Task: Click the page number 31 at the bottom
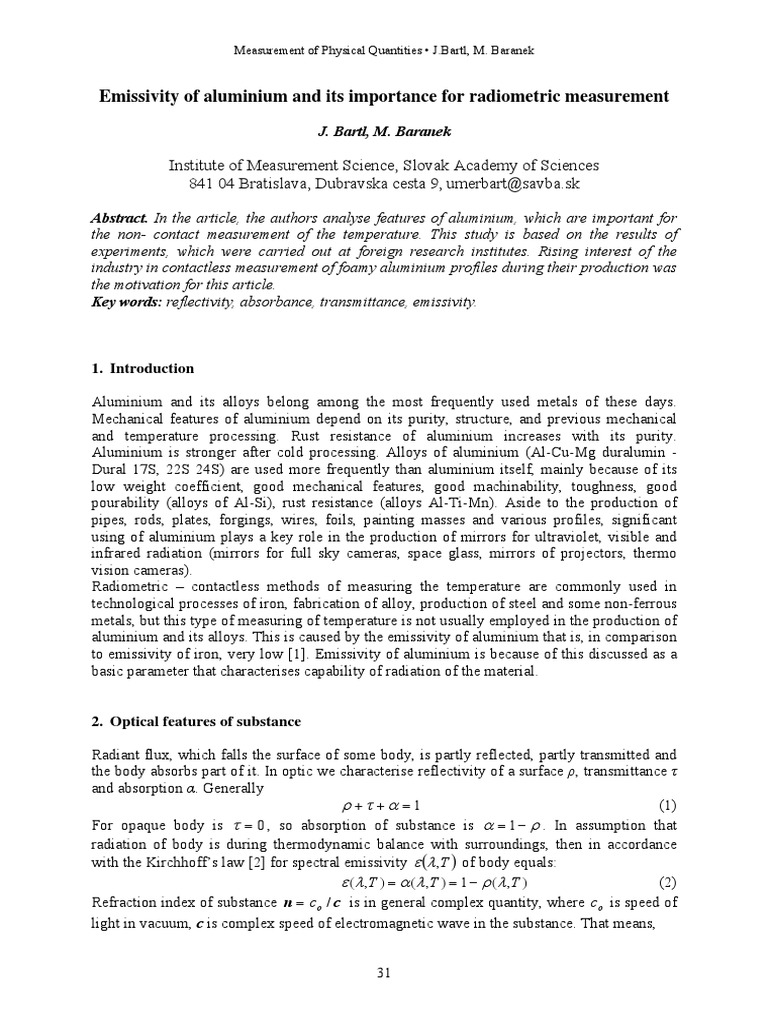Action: coord(383,975)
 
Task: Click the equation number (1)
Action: coord(667,805)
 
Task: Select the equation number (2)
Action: coord(667,881)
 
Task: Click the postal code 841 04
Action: coord(211,184)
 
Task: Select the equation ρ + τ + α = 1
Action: coord(383,805)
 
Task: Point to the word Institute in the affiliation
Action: coord(200,166)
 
